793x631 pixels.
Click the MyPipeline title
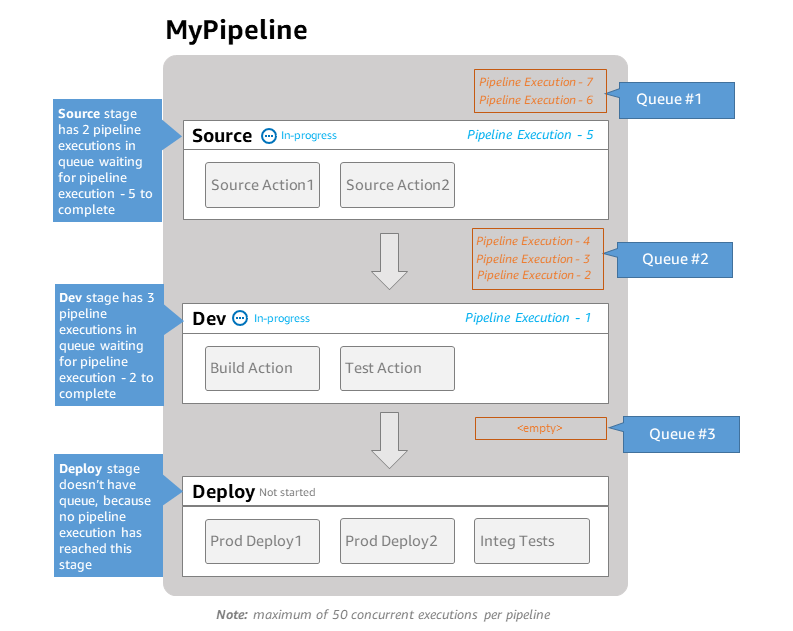(236, 31)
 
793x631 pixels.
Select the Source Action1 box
(262, 185)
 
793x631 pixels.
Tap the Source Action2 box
(397, 185)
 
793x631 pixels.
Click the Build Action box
(262, 368)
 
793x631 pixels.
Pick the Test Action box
(397, 368)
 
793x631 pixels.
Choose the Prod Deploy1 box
(262, 541)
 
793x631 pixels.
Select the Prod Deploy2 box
(397, 541)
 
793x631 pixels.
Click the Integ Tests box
(531, 541)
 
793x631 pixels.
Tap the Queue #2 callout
(675, 259)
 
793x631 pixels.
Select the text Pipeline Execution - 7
(536, 82)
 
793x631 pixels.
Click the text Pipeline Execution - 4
(533, 241)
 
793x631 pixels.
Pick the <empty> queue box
(540, 428)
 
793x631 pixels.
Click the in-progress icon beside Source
(268, 136)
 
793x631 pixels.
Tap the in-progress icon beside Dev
(240, 318)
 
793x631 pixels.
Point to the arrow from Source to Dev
(389, 261)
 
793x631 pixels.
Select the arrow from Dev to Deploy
(389, 439)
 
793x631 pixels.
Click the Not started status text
(287, 493)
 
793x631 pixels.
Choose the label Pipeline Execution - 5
(530, 135)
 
